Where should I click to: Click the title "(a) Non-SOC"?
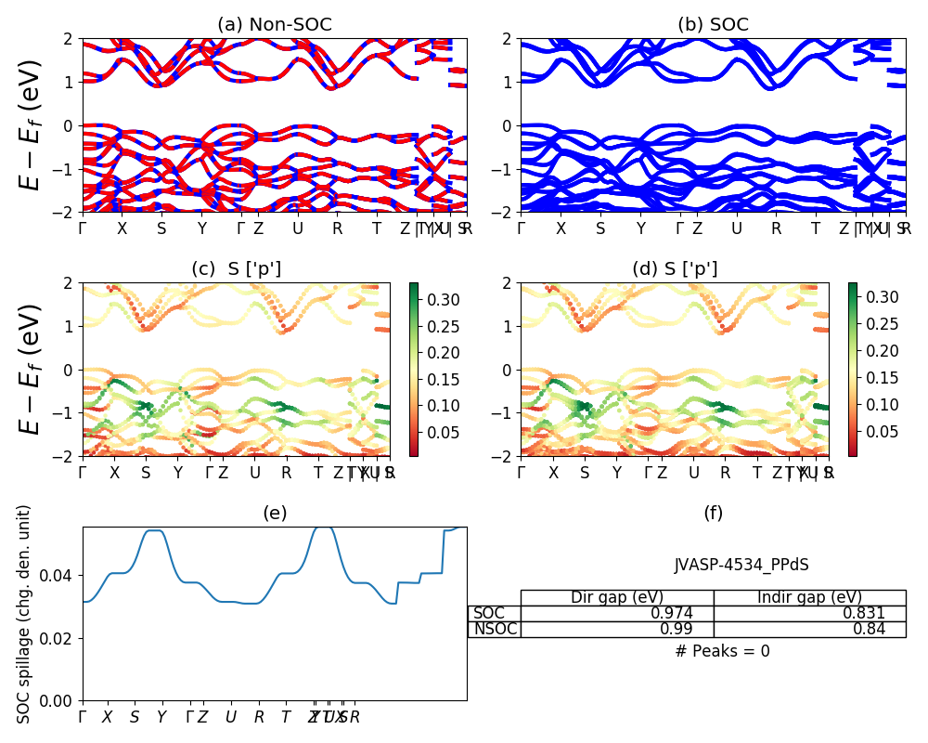[x=275, y=24]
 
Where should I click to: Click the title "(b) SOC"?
[x=713, y=24]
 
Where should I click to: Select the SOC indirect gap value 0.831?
[x=863, y=613]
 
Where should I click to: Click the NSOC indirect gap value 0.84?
[x=869, y=629]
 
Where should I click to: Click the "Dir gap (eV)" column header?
[x=617, y=597]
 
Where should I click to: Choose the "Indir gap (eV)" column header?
[x=809, y=597]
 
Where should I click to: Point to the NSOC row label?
[x=495, y=629]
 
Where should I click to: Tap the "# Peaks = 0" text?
[x=722, y=651]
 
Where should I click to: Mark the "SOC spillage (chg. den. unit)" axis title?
[x=25, y=614]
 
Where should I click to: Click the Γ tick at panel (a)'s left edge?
[x=83, y=228]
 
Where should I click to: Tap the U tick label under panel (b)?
[x=737, y=228]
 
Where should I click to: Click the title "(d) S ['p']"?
[x=675, y=269]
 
